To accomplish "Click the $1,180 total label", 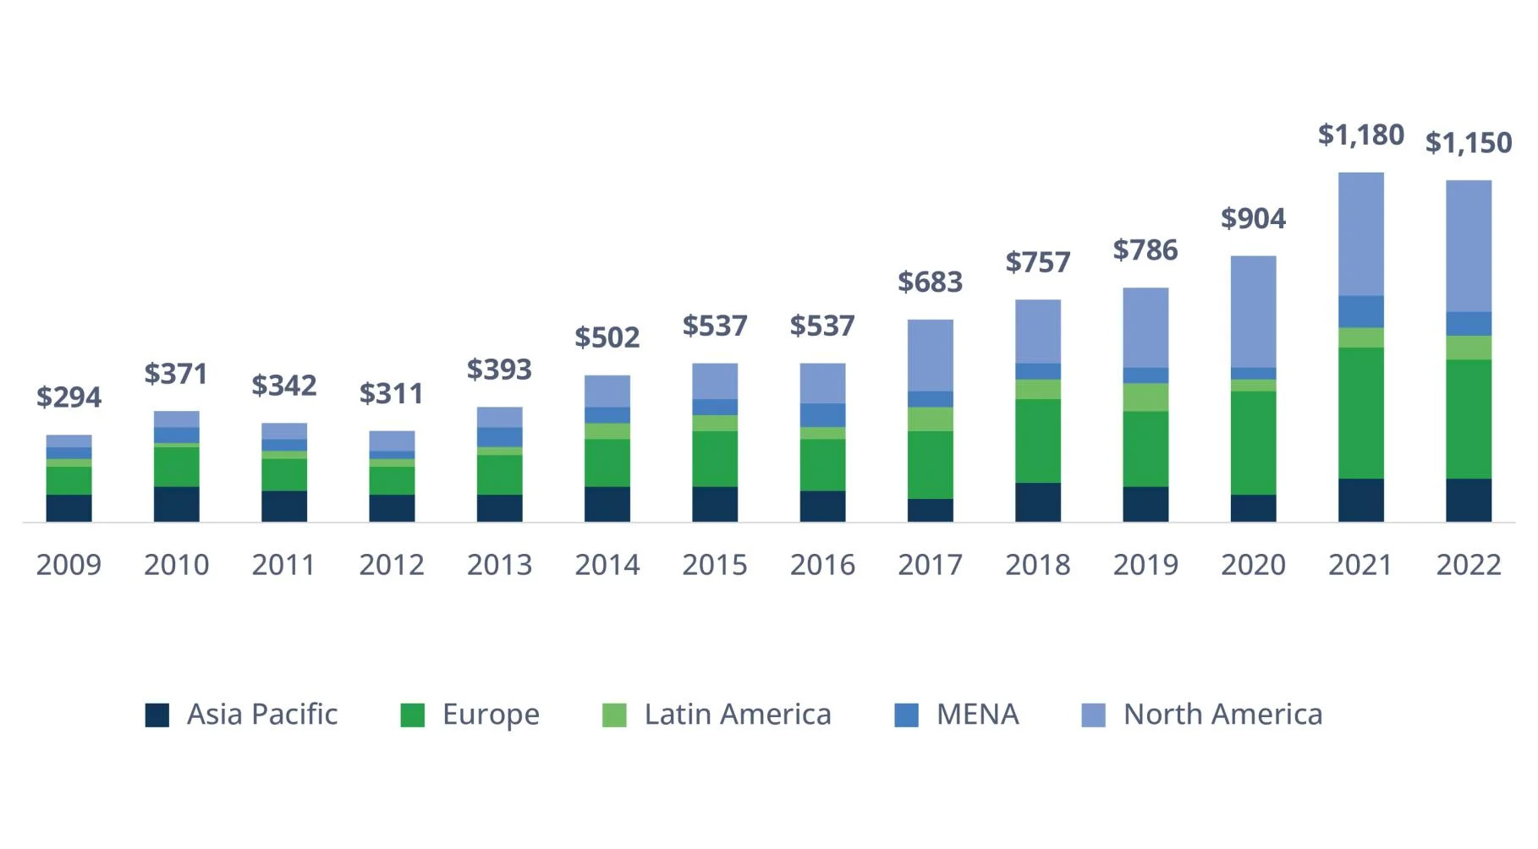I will click(1360, 134).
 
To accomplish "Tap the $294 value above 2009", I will click(69, 397).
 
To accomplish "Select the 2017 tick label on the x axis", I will click(930, 564).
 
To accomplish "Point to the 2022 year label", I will click(1468, 564).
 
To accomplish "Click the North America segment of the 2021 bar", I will click(1360, 234).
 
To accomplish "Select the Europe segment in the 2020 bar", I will click(1253, 442).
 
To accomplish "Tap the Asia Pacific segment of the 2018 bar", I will click(1037, 501).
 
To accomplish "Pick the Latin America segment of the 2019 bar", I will click(1145, 397).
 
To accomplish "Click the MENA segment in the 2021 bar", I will click(1360, 311).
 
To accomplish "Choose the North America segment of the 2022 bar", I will click(1468, 246).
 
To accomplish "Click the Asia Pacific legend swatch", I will click(157, 715).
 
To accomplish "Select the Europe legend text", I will click(491, 715).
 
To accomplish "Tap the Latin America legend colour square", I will click(614, 715).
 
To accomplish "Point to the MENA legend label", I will click(977, 715).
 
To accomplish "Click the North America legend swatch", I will click(1093, 715).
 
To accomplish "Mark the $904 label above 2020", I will click(1253, 219).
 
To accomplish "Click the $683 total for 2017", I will click(930, 282).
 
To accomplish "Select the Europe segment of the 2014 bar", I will click(607, 463).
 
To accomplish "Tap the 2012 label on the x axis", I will click(392, 564).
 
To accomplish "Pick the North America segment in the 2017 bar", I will click(930, 355).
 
